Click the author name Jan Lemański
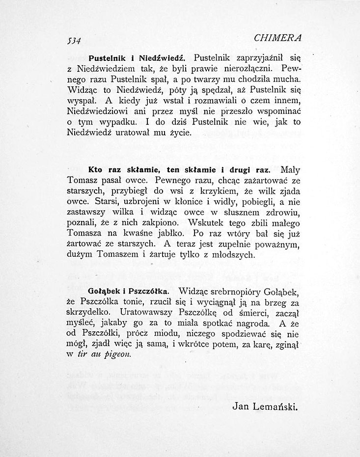click(x=265, y=406)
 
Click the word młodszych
click(x=231, y=255)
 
